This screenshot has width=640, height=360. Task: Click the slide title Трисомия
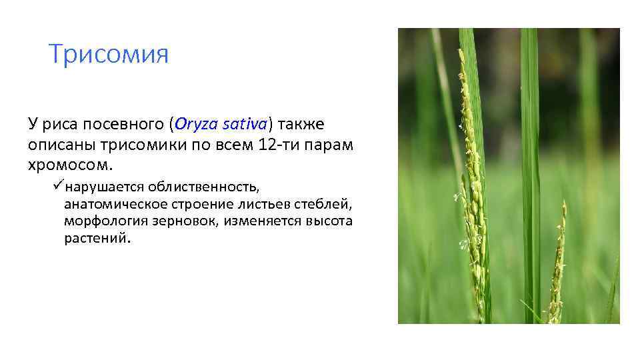[109, 55]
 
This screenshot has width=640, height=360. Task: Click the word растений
[94, 238]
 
